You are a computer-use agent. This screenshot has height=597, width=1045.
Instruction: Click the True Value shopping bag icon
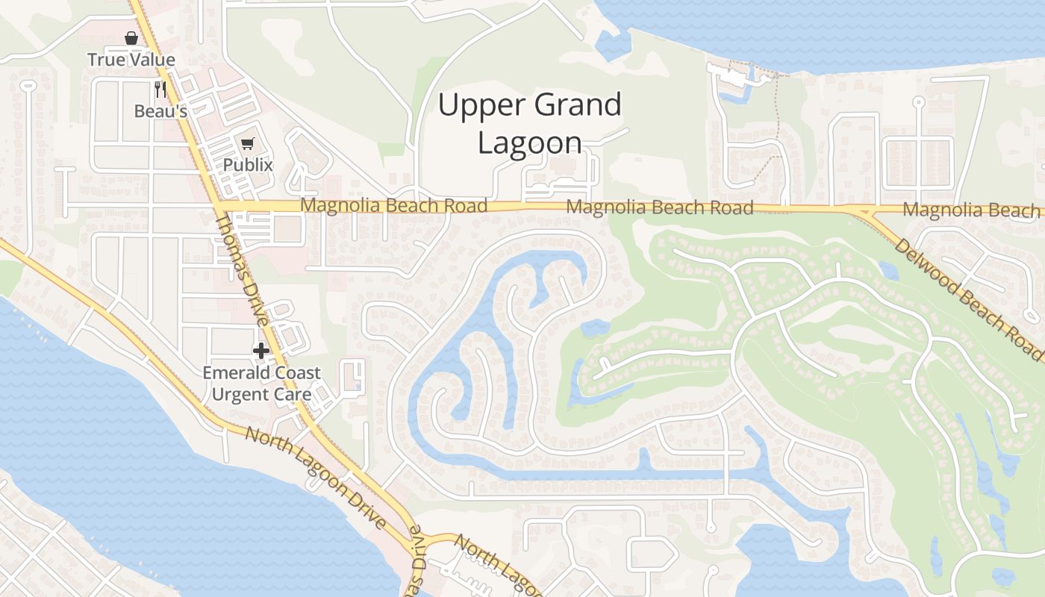(131, 38)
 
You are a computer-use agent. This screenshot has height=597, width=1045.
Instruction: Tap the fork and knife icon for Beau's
(160, 90)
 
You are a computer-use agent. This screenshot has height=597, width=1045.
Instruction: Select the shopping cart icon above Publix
(247, 143)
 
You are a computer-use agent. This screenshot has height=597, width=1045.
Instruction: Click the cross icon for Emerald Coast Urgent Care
(261, 351)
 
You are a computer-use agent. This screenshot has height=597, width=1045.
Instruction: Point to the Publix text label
(248, 165)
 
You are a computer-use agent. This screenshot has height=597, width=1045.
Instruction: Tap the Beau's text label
(160, 111)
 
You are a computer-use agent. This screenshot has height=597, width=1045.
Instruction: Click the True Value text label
(131, 60)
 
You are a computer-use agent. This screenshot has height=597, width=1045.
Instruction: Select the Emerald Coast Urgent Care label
(261, 383)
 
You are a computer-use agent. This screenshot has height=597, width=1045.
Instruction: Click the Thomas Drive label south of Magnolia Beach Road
(243, 269)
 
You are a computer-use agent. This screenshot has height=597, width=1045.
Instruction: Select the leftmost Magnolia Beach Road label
(393, 205)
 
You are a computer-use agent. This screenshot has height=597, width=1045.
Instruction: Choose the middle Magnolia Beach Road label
(660, 207)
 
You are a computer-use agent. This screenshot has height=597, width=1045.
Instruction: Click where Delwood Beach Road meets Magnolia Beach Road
(866, 212)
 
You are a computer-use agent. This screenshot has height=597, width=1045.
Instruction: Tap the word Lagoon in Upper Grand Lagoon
(529, 143)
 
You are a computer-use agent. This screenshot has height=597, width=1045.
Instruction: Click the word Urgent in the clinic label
(240, 393)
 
